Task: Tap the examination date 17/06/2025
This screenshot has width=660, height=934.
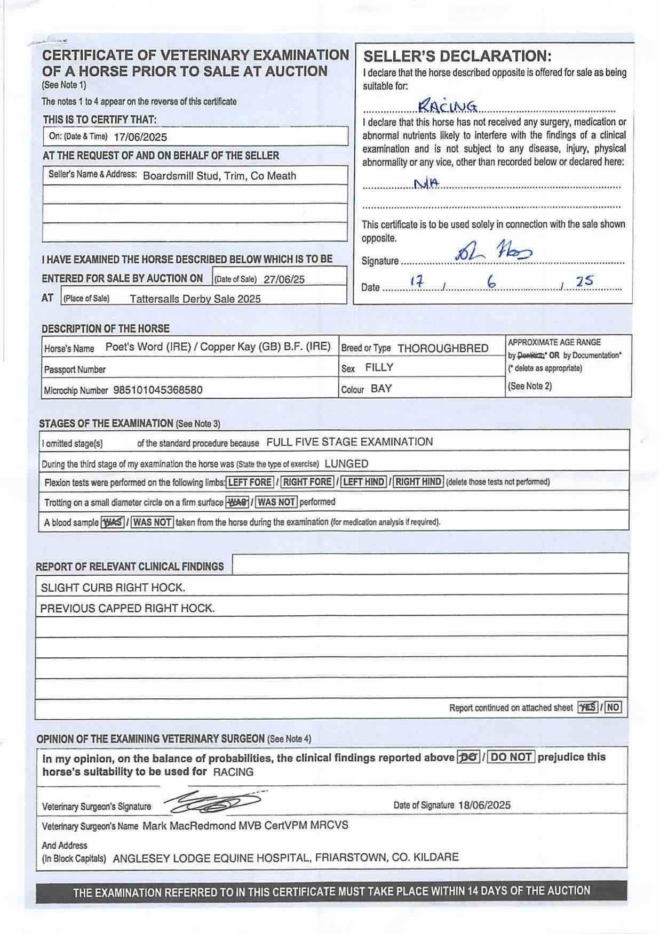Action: coord(140,137)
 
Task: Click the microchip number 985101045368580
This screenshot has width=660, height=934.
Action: coord(158,390)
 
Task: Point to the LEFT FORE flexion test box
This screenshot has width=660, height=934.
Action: coord(250,482)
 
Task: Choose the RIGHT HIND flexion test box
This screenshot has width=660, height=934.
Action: coord(418,482)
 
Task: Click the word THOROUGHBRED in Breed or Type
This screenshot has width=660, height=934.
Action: coord(443,349)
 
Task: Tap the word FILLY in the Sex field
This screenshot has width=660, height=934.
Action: coord(379,367)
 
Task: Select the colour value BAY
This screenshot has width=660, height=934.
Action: coord(381,389)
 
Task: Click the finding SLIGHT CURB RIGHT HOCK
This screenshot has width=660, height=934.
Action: coord(113,587)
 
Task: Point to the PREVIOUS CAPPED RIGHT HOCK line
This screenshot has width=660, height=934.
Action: coord(128,608)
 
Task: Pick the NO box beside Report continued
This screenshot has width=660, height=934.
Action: coord(613,707)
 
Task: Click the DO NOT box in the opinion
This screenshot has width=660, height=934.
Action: coord(511,757)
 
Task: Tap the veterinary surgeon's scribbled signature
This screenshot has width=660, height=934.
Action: coord(213,802)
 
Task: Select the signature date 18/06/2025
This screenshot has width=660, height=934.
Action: coord(484,805)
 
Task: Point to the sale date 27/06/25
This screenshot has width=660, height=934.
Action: coord(284,279)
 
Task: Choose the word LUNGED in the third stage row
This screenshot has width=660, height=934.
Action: coord(346,463)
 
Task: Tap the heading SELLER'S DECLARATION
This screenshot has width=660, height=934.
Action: coord(457,57)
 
